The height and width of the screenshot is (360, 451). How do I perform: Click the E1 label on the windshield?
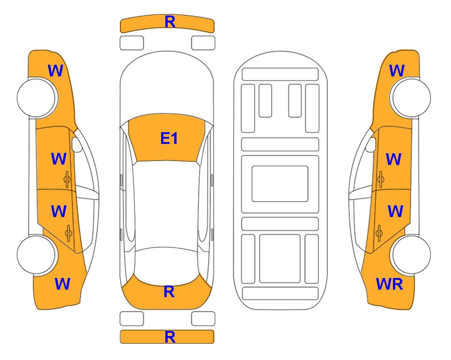point(169,138)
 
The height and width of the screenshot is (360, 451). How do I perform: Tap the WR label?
point(390,284)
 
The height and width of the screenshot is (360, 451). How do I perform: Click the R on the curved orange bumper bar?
point(170,22)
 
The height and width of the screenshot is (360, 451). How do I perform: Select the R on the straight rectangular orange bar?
point(170,337)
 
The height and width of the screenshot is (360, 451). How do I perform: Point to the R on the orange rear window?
point(169,292)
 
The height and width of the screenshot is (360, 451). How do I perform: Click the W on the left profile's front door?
point(59,159)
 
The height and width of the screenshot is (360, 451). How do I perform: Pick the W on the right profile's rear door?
point(395,211)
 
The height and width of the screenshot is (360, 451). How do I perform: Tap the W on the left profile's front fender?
point(55,71)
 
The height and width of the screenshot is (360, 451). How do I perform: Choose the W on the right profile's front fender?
point(397,71)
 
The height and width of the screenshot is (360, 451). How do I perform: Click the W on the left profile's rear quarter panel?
point(62,284)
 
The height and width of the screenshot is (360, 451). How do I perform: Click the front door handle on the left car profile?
point(67,179)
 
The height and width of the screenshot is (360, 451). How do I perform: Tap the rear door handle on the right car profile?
point(379,233)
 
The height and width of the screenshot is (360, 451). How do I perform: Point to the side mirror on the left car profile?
point(77,144)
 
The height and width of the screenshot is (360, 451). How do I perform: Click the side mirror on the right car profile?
point(371,144)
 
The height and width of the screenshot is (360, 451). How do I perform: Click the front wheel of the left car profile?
point(37,98)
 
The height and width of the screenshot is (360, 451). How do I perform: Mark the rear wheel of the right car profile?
point(411,255)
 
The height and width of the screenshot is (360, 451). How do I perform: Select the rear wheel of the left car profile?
point(37,255)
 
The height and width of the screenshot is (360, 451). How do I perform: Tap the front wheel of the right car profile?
point(411,97)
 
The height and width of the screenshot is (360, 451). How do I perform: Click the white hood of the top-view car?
point(167,83)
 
